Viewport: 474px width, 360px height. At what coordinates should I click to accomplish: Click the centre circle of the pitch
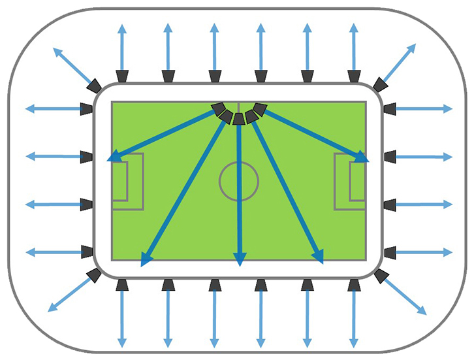[x=239, y=180]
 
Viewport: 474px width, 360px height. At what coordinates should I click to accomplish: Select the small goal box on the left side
[x=119, y=181]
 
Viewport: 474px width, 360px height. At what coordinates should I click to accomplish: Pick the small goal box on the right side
[x=357, y=181]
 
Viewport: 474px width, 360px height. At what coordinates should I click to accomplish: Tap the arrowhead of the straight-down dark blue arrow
[x=240, y=259]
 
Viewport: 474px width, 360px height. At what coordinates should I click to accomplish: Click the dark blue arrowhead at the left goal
[x=115, y=156]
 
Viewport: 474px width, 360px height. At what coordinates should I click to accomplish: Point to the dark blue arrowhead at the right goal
[x=361, y=157]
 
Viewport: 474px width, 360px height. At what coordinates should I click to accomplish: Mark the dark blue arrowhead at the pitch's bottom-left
[x=146, y=259]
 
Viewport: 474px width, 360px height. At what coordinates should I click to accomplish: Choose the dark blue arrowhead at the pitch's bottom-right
[x=319, y=257]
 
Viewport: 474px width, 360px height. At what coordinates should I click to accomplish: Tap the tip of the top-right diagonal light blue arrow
[x=413, y=46]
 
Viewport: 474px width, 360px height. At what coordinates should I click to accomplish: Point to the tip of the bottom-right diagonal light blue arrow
[x=424, y=312]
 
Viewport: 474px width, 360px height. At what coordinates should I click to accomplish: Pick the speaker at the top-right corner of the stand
[x=379, y=84]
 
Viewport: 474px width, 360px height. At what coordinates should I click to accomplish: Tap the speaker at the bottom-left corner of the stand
[x=94, y=275]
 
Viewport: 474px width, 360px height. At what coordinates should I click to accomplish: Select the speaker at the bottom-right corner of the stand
[x=381, y=276]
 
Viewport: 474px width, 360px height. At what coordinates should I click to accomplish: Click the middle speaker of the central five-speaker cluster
[x=239, y=118]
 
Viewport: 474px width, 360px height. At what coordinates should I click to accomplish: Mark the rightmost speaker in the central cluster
[x=260, y=108]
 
